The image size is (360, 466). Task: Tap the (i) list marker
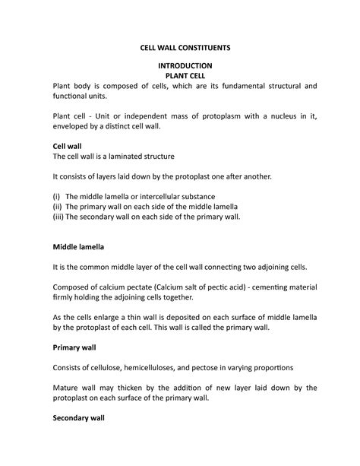pos(57,195)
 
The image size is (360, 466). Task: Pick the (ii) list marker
pos(57,206)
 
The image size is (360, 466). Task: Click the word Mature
pos(67,388)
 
